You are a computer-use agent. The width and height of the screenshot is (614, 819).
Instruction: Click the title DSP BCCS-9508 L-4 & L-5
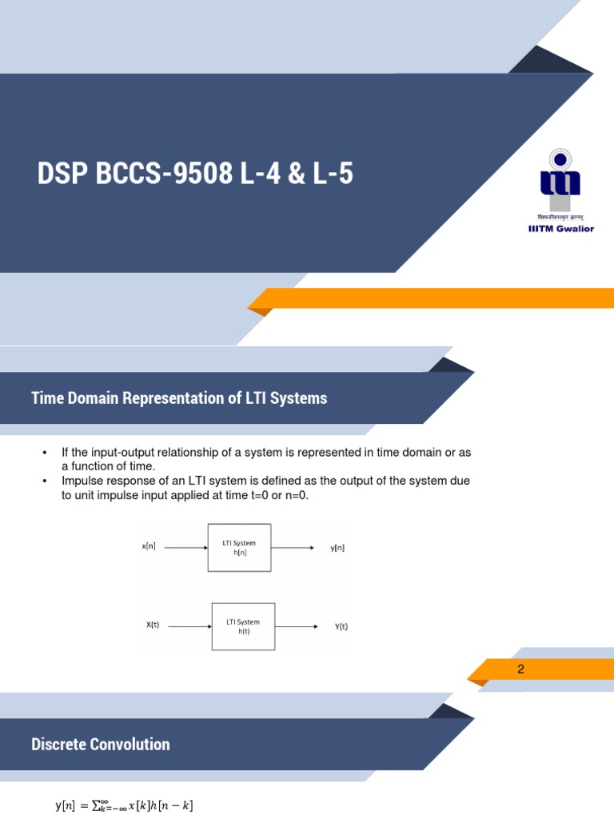click(195, 173)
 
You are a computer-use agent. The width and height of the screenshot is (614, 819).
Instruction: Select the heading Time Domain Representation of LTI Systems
click(179, 398)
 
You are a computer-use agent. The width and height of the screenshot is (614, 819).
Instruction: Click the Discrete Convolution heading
click(101, 745)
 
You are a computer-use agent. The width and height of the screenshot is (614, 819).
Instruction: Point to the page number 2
click(520, 669)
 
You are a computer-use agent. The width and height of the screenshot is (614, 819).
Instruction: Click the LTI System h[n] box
click(239, 548)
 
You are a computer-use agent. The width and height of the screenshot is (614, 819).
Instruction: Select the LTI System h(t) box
click(243, 626)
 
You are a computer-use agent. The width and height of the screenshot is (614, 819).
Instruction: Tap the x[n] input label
click(149, 547)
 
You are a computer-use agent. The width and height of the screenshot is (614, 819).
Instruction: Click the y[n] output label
click(337, 548)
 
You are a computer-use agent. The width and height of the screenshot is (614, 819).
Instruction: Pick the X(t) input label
click(153, 625)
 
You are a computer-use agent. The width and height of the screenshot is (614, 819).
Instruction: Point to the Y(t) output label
click(341, 627)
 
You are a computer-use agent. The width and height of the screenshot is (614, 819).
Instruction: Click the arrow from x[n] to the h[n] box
click(182, 547)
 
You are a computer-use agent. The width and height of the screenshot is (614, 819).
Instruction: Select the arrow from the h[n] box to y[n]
click(293, 548)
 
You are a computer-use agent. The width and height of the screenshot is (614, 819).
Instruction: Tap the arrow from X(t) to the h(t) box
click(190, 626)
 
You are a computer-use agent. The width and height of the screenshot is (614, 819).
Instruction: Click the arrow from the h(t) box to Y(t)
click(297, 626)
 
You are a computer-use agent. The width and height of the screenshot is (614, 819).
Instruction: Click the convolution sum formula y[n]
click(124, 805)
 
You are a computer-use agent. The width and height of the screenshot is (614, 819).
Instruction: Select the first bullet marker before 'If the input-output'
click(45, 453)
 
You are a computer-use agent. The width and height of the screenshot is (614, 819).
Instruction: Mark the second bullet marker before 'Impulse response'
click(45, 481)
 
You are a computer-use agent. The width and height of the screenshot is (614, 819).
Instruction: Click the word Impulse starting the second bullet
click(82, 481)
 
